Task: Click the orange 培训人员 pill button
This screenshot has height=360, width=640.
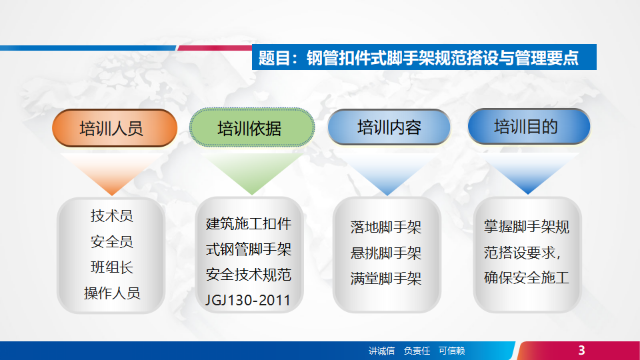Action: [x=115, y=128]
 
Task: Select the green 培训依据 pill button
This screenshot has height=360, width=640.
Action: [x=252, y=127]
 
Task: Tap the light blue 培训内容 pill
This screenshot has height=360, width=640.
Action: [x=389, y=127]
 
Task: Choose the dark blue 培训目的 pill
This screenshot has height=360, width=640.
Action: [x=529, y=126]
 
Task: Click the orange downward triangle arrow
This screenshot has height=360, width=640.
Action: [x=112, y=172]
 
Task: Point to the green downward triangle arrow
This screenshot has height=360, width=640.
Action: [x=252, y=172]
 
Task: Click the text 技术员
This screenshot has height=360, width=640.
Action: [x=112, y=215]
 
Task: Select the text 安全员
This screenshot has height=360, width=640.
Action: [x=112, y=241]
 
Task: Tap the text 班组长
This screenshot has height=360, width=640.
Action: [x=112, y=267]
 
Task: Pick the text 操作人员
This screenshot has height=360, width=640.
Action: [x=112, y=293]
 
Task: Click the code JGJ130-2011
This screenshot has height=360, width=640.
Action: [x=248, y=301]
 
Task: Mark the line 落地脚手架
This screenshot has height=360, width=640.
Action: [x=386, y=227]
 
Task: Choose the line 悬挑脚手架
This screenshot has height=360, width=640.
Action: [x=386, y=253]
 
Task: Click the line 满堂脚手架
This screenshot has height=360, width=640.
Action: [x=386, y=279]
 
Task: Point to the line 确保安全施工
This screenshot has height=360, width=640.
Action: [x=527, y=277]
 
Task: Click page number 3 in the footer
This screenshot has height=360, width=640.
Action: [x=581, y=350]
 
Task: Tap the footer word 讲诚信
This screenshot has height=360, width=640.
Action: [x=381, y=351]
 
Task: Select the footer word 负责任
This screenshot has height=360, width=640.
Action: [x=417, y=351]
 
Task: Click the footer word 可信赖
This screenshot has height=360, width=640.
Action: [x=451, y=351]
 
